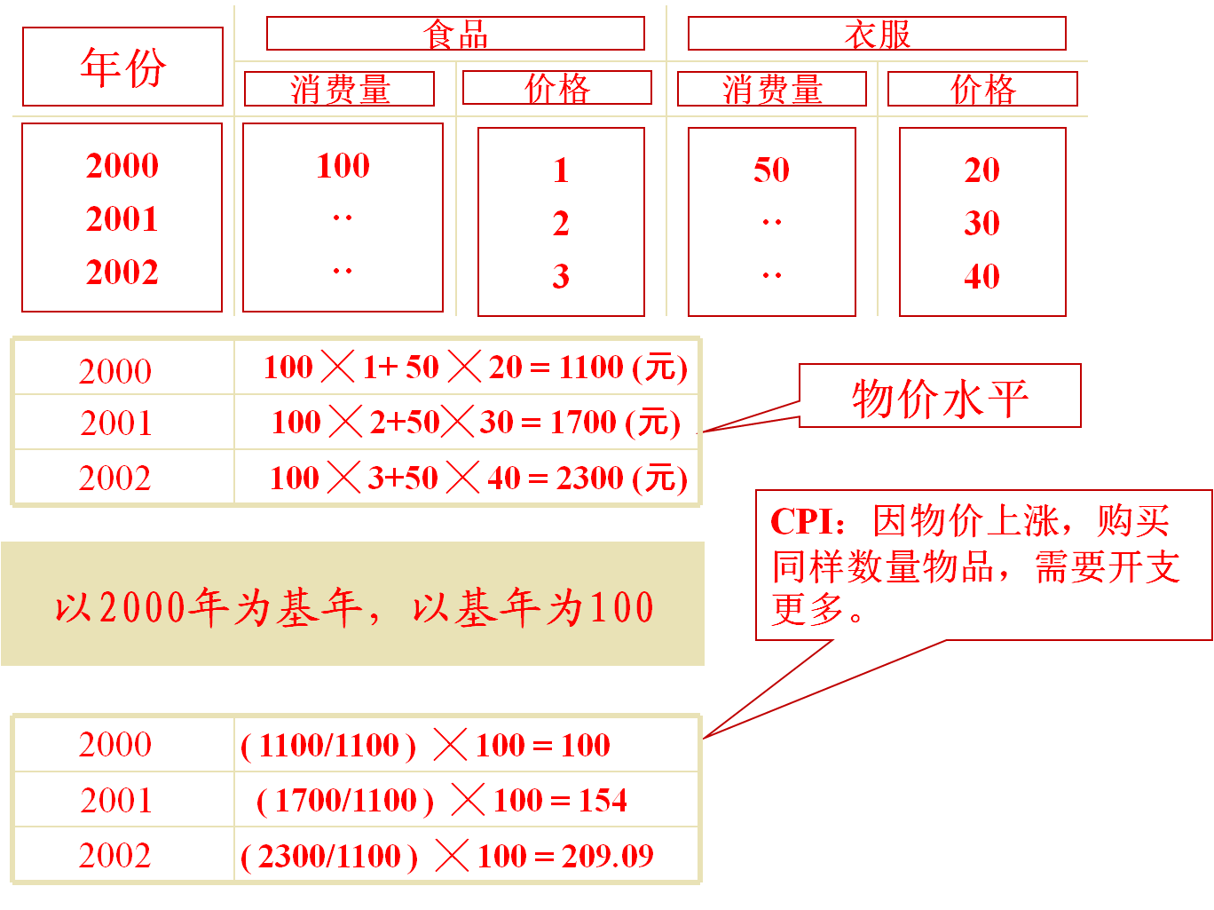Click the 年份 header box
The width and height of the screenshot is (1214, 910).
coord(122,67)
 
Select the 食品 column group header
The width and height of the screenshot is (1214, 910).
coord(455,34)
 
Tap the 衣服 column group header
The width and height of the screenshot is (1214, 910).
coord(877,34)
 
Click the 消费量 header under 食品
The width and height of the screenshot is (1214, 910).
coord(340,89)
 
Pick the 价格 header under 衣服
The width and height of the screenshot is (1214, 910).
coord(982,89)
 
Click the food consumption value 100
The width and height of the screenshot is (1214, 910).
coord(343,165)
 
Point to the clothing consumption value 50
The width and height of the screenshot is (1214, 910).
coord(771,170)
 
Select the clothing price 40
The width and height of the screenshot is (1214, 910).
coord(981,276)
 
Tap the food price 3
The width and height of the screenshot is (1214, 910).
coord(560,276)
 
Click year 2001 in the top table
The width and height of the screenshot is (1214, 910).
coord(122,218)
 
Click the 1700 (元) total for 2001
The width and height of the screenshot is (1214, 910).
coord(614,422)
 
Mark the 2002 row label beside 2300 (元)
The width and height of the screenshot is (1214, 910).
coord(115,478)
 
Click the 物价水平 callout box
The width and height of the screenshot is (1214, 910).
coord(940,397)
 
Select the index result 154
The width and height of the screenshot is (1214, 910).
coord(603,800)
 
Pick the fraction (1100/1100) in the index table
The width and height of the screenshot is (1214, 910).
coord(328,745)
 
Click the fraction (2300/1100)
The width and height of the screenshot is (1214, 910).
coord(329,856)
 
